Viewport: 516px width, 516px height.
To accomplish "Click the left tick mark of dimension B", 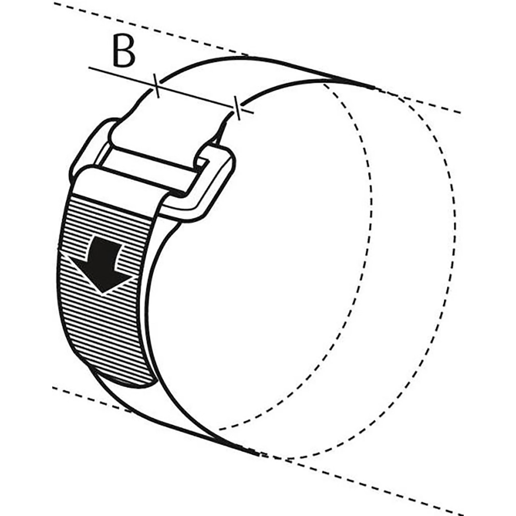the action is click(156, 85).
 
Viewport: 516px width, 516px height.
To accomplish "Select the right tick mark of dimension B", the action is click(236, 108).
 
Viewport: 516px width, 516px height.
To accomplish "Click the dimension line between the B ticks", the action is click(196, 97).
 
